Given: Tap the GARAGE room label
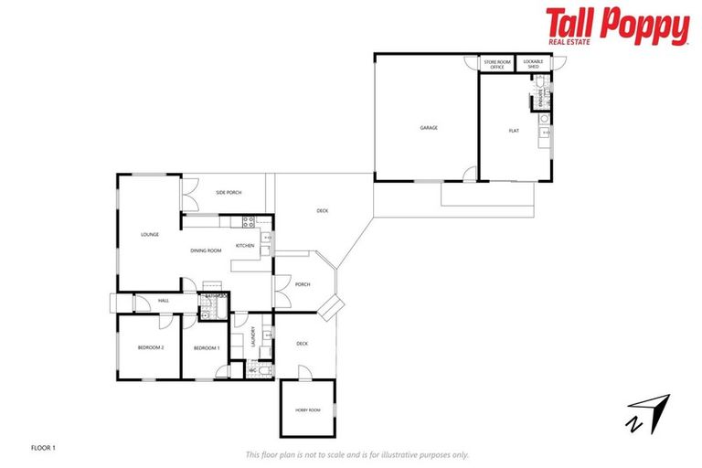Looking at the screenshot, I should point(429,128).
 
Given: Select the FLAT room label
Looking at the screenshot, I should point(514,131).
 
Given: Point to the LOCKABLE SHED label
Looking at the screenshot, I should point(531,65).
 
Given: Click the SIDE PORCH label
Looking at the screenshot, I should point(229,193).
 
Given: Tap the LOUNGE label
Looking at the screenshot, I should point(150,235).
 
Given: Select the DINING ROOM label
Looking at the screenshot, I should point(206,250).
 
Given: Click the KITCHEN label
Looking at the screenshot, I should point(245,246).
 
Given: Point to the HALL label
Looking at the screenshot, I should point(164,300).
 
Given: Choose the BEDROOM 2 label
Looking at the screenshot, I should point(151,348).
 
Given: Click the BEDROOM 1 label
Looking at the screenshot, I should point(207,348).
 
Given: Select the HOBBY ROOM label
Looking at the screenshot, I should point(307,410).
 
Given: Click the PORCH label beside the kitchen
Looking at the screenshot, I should point(303,284).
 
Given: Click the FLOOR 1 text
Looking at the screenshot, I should point(44,448).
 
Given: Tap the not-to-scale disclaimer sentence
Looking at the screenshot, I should point(356,454).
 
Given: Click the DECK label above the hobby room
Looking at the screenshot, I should point(302,344).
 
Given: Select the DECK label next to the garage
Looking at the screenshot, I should point(323,211).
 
